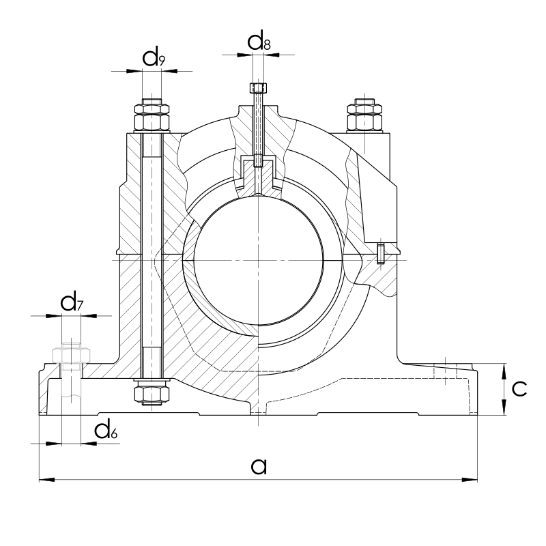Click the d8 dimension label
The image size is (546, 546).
pyautogui.click(x=259, y=42)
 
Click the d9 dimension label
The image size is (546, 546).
pyautogui.click(x=154, y=58)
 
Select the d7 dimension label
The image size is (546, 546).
pyautogui.click(x=72, y=302)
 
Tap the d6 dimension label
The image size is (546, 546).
pyautogui.click(x=106, y=431)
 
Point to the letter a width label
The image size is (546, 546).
pyautogui.click(x=259, y=466)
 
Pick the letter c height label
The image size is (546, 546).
pyautogui.click(x=519, y=388)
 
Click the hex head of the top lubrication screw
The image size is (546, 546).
pyautogui.click(x=258, y=87)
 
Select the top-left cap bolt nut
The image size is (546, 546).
pyautogui.click(x=152, y=117)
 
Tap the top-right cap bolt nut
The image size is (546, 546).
pyautogui.click(x=364, y=115)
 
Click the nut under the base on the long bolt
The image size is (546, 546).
pyautogui.click(x=152, y=392)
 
